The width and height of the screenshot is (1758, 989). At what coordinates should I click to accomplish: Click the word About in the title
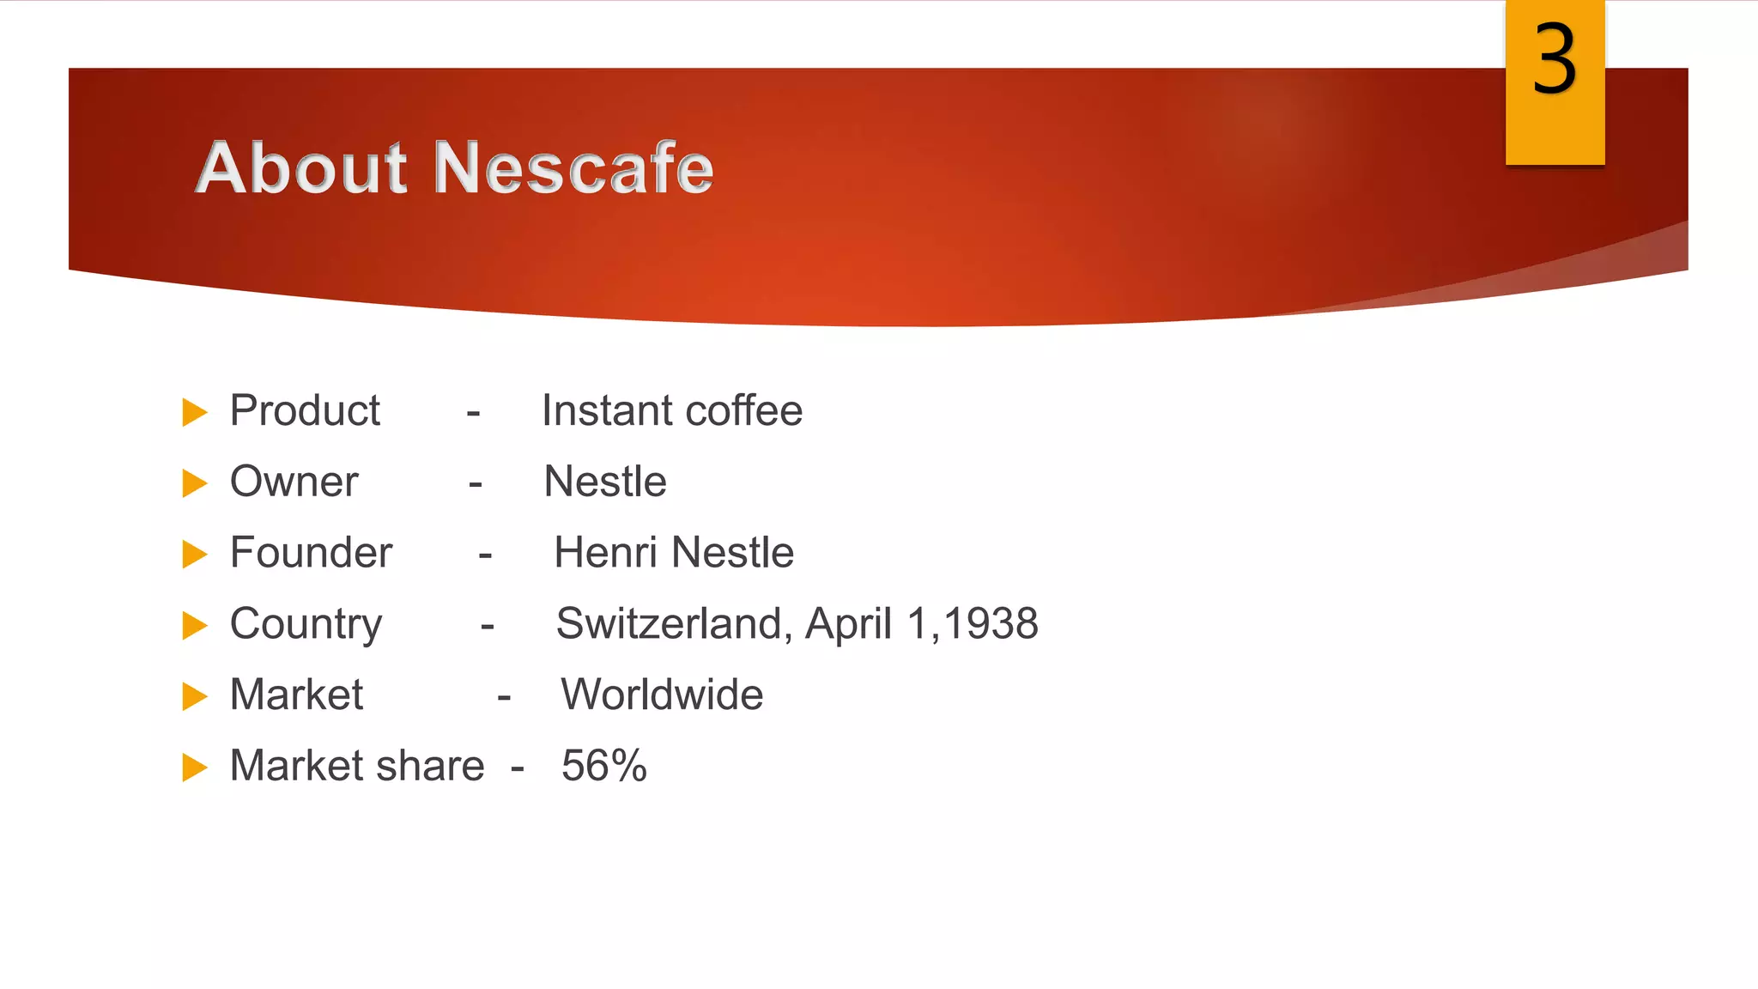pos(300,167)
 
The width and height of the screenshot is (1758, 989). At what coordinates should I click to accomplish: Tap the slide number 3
pos(1555,60)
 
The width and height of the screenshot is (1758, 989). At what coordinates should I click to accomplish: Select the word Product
pos(305,410)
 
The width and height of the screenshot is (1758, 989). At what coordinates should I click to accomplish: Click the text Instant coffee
pos(672,410)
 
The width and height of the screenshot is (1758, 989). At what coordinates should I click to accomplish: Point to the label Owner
pos(294,482)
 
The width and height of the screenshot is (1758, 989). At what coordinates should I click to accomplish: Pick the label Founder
pos(311,552)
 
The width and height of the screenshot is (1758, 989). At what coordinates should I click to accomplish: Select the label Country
pos(306,624)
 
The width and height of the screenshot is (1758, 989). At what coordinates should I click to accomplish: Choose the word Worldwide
pos(662,695)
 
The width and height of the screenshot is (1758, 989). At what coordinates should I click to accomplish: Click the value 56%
pos(604,766)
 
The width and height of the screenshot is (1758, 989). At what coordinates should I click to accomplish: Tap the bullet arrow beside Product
pos(195,413)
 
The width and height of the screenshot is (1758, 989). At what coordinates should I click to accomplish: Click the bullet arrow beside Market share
pos(195,768)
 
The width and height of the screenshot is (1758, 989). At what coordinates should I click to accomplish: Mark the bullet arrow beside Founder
pos(195,555)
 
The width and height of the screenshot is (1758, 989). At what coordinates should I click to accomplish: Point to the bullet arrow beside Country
pos(195,626)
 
